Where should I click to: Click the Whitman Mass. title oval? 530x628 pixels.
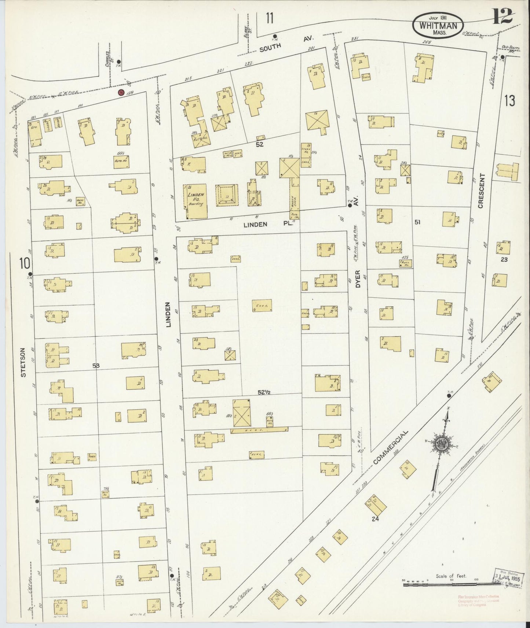pos(438,25)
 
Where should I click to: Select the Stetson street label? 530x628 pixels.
pos(24,362)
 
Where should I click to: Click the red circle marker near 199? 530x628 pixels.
pos(121,92)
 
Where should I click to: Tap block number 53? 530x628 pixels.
pos(96,365)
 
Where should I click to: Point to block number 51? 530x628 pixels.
pos(417,222)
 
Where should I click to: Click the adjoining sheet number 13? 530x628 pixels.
pos(509,100)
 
